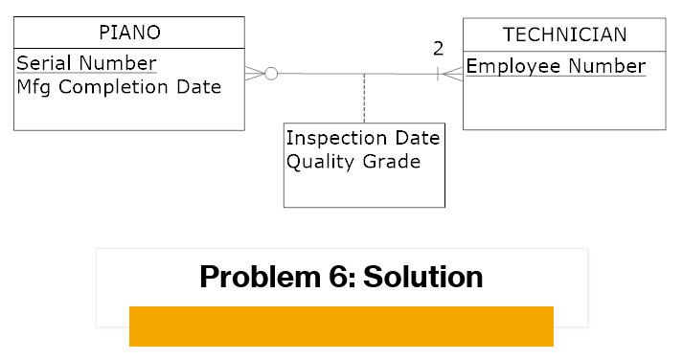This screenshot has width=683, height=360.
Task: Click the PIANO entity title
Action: [x=129, y=34]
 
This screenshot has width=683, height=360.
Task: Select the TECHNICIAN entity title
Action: [x=564, y=34]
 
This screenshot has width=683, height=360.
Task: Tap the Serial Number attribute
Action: [x=86, y=63]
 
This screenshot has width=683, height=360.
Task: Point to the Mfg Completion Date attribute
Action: [x=119, y=86]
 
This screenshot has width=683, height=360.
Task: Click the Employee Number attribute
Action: [x=556, y=66]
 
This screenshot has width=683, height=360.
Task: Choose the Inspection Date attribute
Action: [x=363, y=138]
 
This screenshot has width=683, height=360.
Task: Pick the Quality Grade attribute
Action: [x=353, y=161]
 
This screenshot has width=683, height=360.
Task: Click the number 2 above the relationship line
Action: [x=438, y=48]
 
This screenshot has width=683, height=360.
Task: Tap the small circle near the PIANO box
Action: [x=271, y=73]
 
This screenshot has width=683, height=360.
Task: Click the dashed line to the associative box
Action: [x=364, y=98]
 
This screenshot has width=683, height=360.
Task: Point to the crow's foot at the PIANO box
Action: [x=254, y=73]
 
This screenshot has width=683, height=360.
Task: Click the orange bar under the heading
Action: [x=341, y=326]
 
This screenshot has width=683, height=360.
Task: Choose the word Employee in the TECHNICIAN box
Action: [x=513, y=66]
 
